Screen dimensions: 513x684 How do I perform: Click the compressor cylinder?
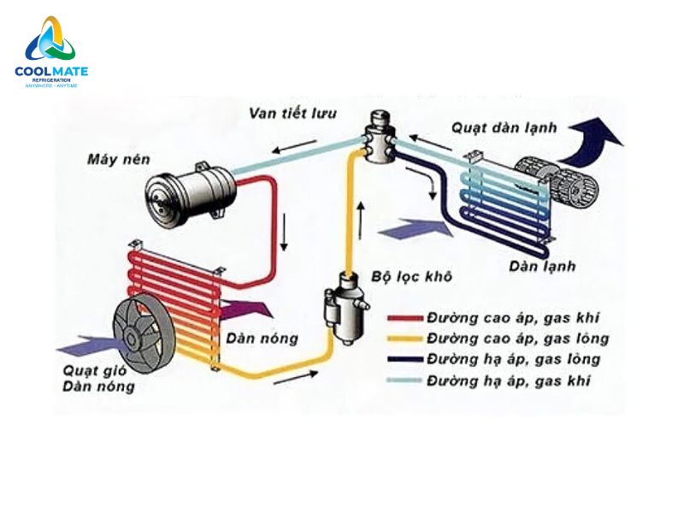click(190, 191)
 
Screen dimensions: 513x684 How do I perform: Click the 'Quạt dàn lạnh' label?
click(504, 128)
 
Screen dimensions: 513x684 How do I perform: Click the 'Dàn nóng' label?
click(262, 339)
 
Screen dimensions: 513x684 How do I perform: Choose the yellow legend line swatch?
click(406, 339)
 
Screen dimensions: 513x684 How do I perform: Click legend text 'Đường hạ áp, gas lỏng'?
click(514, 359)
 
